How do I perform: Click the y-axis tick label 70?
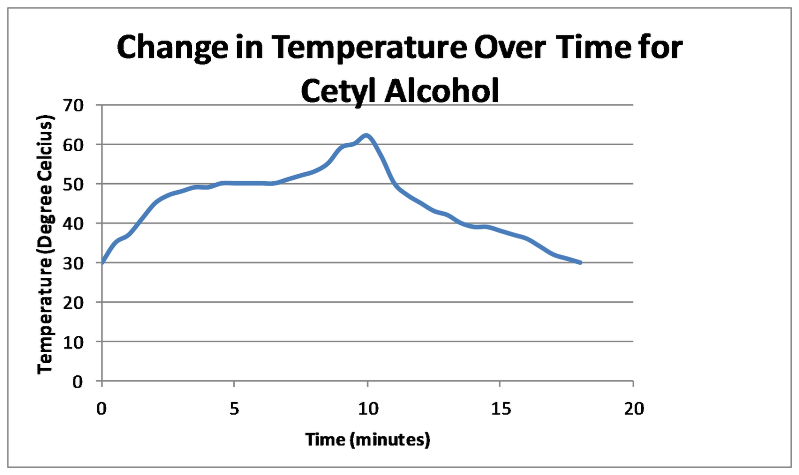(73, 105)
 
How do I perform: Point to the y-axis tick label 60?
(73, 145)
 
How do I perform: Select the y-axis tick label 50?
(73, 184)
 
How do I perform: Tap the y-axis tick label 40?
(73, 224)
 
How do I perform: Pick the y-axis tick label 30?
(73, 263)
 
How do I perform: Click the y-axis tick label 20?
(73, 302)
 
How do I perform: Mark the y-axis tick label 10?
(73, 342)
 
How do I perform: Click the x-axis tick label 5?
(234, 409)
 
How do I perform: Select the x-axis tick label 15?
(501, 409)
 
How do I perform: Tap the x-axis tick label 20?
(634, 409)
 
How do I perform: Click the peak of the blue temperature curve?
(367, 135)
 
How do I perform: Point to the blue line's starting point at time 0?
(102, 262)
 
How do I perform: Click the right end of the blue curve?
(580, 262)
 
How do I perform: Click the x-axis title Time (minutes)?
(368, 440)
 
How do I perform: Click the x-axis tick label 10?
(368, 409)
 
